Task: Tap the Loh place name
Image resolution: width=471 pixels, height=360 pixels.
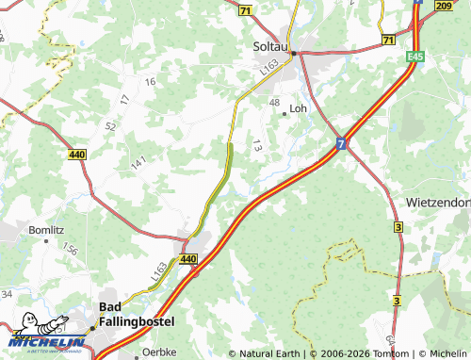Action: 300,109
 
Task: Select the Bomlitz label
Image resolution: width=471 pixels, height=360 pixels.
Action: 46,229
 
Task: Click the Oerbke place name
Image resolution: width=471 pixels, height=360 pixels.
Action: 159,352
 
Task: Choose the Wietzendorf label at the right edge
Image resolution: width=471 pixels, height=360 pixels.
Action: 438,203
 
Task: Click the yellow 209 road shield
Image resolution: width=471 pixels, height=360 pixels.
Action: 445,6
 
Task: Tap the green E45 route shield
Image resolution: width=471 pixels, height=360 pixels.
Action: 415,57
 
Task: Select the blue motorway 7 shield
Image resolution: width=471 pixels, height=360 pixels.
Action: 341,143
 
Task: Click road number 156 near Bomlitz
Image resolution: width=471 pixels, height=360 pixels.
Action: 71,249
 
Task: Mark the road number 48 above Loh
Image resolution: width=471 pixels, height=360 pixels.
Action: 275,102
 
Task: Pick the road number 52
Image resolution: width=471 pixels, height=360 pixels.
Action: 110,126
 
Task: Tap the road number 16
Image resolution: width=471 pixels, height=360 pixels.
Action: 150,82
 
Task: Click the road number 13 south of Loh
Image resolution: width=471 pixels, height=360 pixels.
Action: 257,145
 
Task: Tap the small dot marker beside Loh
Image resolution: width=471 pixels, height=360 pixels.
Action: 284,113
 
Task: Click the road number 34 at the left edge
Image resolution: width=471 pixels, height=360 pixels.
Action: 7,295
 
